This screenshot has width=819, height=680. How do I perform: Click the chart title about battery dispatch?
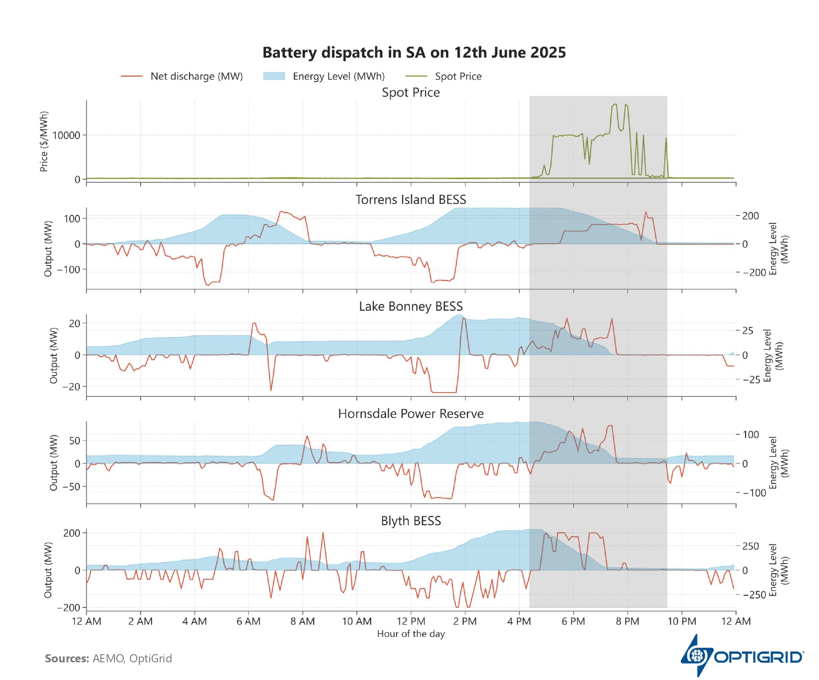tap(414, 53)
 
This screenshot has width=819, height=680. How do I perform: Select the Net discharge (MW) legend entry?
tap(196, 76)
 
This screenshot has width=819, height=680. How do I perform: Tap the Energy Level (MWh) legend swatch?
tap(274, 76)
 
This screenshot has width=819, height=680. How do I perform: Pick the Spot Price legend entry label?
tap(458, 76)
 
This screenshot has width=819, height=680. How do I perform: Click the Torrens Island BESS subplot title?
tap(411, 199)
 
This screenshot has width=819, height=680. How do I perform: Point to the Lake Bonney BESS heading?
tap(411, 306)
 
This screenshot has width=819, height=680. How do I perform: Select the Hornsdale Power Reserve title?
tap(411, 413)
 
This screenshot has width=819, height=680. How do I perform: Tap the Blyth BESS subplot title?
tap(411, 521)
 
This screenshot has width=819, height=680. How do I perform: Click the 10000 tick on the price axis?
tap(66, 135)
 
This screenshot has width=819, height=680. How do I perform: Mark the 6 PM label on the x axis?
tap(573, 621)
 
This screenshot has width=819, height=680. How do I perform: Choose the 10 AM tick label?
tap(357, 621)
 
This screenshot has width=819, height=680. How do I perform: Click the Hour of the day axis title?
tap(411, 634)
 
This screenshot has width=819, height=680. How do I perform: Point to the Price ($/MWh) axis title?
tap(44, 141)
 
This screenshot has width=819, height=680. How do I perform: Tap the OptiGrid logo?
tap(742, 656)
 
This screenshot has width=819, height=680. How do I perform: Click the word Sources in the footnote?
tap(67, 658)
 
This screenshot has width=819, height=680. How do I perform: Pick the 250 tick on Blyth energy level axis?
tap(750, 546)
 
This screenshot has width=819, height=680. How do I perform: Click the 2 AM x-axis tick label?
tap(140, 621)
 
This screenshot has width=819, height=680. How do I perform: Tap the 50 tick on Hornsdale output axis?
tap(75, 441)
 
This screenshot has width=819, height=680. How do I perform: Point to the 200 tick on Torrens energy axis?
tap(750, 216)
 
